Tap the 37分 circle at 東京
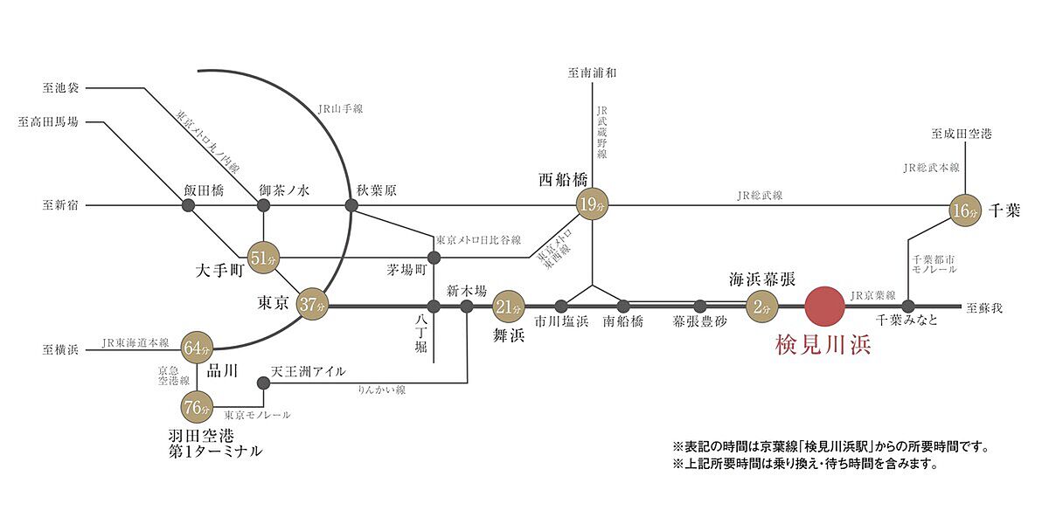[x=311, y=306]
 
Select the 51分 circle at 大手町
[x=263, y=258]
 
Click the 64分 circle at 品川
[x=198, y=348]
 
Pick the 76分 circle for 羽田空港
[x=198, y=406]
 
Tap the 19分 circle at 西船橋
[x=593, y=206]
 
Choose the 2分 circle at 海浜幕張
[x=761, y=306]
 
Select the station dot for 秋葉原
[x=351, y=206]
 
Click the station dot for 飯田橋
[x=188, y=206]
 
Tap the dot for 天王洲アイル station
[x=263, y=382]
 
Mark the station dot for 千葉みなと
[x=908, y=306]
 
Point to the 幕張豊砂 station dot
[x=700, y=306]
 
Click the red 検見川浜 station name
[x=823, y=344]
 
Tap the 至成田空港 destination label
[x=962, y=134]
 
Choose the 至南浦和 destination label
[x=593, y=73]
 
